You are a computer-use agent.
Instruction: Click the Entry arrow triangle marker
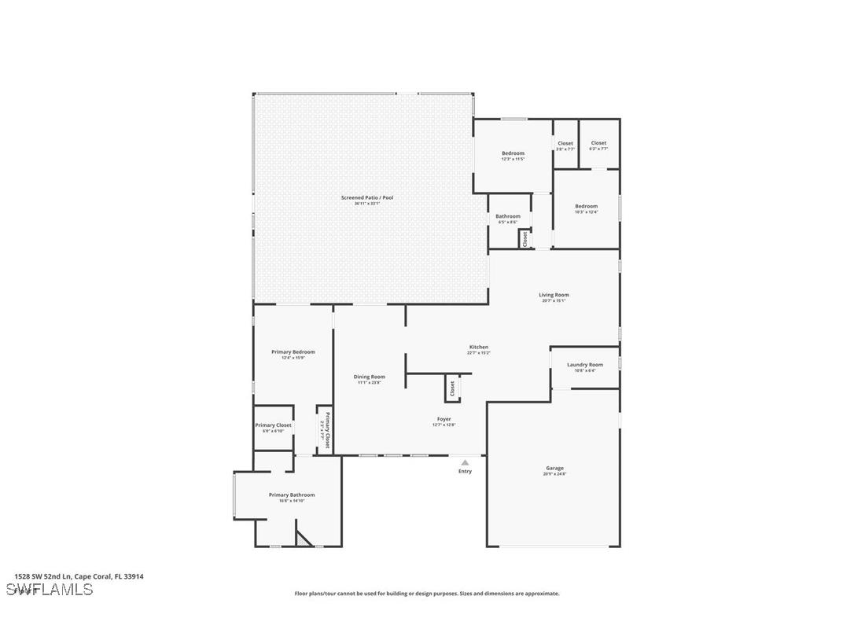(465, 462)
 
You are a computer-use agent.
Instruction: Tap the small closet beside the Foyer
(452, 388)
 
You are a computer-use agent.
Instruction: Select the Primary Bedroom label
(293, 354)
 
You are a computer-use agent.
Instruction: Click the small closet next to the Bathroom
(525, 239)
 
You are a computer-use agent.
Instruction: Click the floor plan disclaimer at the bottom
(427, 594)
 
